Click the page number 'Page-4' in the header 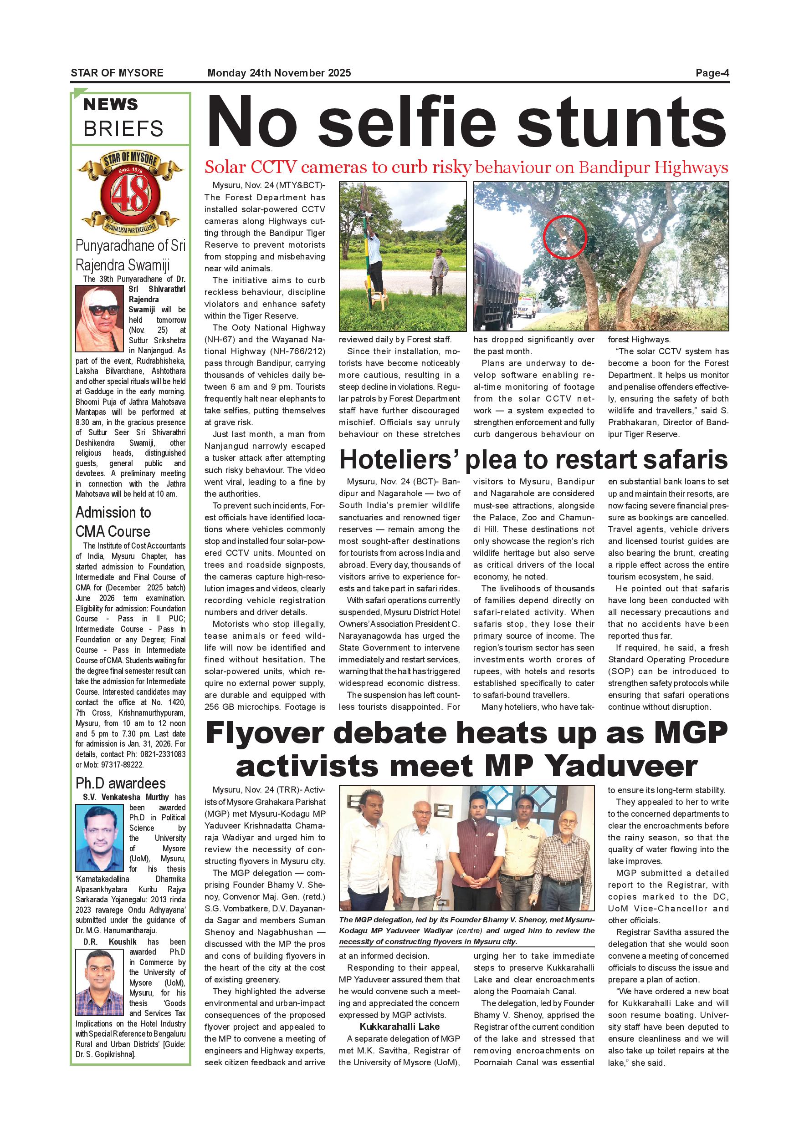click(712, 73)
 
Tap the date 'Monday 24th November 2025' click(279, 73)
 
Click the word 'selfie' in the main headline click(406, 122)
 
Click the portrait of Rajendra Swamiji click(99, 319)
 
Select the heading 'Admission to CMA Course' click(113, 522)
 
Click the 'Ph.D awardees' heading click(121, 783)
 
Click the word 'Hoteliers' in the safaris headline click(398, 460)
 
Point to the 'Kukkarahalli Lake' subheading click(399, 1026)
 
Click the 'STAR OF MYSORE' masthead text click(117, 73)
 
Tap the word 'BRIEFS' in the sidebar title click(123, 129)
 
